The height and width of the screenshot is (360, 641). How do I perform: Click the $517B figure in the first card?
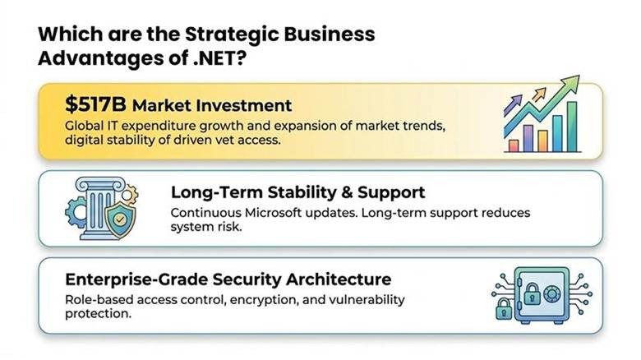(x=95, y=105)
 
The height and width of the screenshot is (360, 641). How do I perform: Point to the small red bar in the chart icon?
(x=514, y=145)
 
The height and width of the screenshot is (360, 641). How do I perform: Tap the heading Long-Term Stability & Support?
(x=297, y=192)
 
